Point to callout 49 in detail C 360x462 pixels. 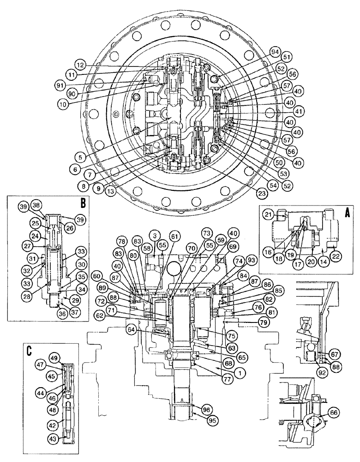pyautogui.click(x=54, y=358)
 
